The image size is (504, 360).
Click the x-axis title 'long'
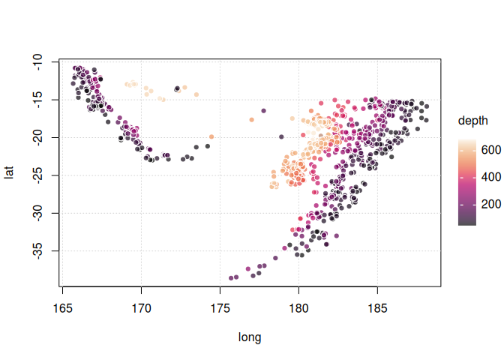tap(250, 337)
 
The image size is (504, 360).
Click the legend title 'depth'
tap(473, 120)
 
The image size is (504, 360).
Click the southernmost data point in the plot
tap(231, 278)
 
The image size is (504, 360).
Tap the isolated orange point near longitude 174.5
tap(211, 136)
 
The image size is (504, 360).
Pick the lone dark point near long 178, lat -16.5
tap(264, 111)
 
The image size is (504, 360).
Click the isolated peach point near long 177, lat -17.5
tap(251, 118)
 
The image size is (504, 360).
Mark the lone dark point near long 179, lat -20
tap(281, 136)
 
